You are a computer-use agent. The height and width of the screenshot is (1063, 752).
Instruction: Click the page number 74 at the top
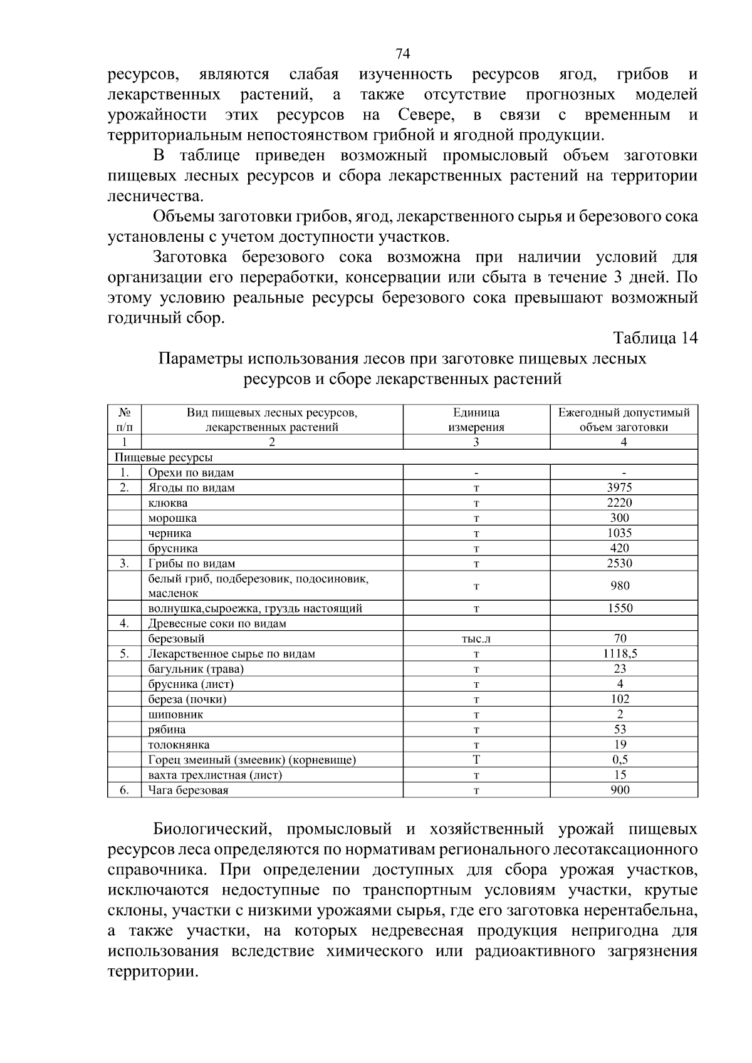[x=402, y=52]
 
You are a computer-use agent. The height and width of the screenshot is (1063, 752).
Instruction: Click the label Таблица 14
[x=655, y=338]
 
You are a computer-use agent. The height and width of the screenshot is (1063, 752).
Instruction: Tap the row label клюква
[x=168, y=503]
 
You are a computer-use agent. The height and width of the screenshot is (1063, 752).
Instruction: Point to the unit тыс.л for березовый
[x=476, y=639]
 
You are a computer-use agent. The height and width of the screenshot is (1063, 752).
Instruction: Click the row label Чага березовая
[x=188, y=791]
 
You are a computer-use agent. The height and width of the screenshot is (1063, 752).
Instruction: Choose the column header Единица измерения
[x=476, y=420]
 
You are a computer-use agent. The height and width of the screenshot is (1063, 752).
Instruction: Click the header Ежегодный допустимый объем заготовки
[x=624, y=420]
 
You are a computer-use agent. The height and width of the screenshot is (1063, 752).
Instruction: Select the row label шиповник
[x=175, y=715]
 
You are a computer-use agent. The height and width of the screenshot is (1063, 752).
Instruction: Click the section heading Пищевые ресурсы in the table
[x=163, y=457]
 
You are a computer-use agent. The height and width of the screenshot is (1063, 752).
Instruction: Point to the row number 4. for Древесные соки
[x=125, y=623]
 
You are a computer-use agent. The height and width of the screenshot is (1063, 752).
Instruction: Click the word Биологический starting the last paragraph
[x=213, y=830]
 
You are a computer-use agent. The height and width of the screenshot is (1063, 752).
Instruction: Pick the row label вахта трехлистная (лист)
[x=215, y=775]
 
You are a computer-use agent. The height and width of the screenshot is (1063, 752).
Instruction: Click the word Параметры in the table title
[x=201, y=359]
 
